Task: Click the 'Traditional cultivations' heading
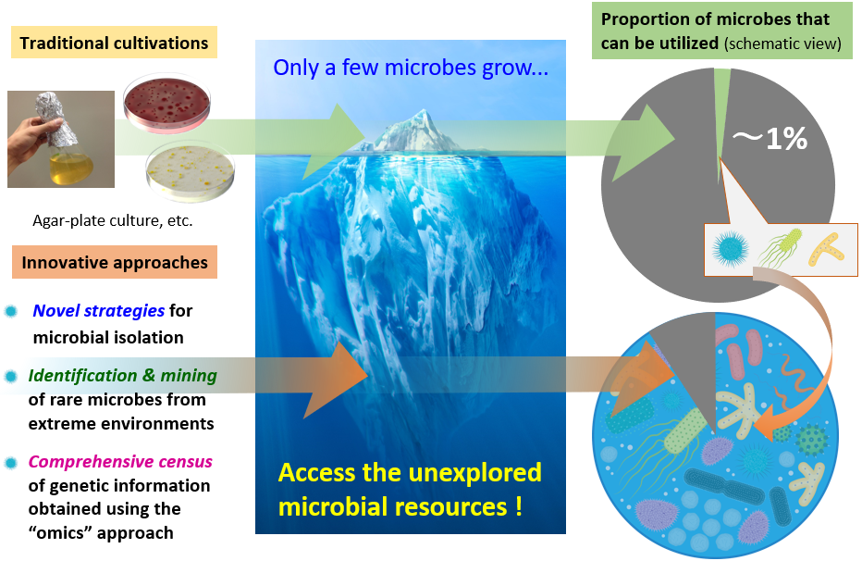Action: point(115,43)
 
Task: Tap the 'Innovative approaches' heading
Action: point(115,262)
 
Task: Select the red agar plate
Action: point(166,103)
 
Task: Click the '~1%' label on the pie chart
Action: point(770,138)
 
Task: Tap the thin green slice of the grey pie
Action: point(720,110)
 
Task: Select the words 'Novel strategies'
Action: point(99,311)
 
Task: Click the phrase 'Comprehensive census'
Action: point(120,461)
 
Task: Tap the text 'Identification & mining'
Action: point(123,375)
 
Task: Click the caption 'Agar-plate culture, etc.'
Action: point(113,220)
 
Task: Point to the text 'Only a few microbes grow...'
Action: point(411,67)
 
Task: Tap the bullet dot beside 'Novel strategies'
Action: point(11,311)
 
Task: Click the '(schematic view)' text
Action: point(782,44)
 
